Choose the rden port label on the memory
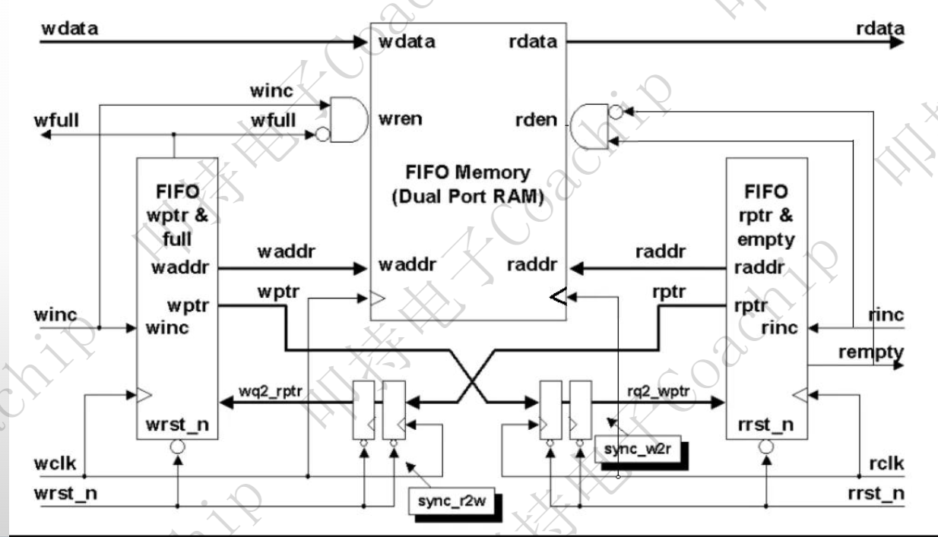[540, 119]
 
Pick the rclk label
[886, 463]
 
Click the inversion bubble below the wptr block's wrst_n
[176, 448]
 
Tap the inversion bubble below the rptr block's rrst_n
[766, 448]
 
